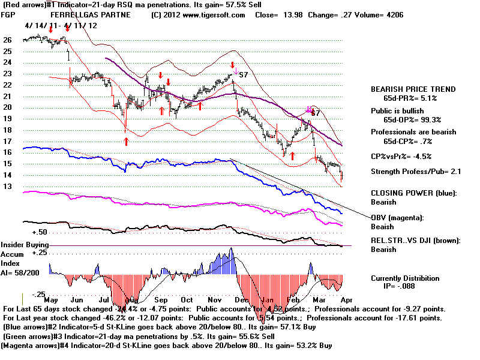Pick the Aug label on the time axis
pyautogui.click(x=133, y=299)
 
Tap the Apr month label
pyautogui.click(x=346, y=299)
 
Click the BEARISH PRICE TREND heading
pyautogui.click(x=413, y=89)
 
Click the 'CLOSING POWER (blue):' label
pyautogui.click(x=413, y=193)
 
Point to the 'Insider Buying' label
pyautogui.click(x=24, y=245)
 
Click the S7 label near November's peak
pyautogui.click(x=244, y=75)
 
